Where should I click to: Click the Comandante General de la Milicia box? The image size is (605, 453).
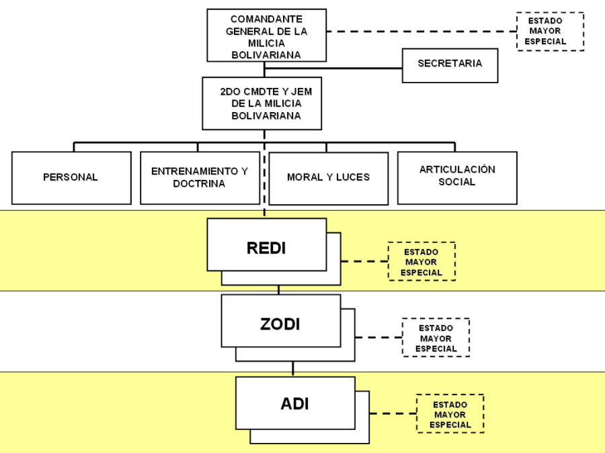point(266,37)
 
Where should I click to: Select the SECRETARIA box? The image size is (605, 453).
point(450,64)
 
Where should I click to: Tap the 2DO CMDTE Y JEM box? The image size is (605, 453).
point(261,103)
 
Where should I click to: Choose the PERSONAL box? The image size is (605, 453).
point(71,178)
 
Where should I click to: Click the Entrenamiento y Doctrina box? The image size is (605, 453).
point(200,178)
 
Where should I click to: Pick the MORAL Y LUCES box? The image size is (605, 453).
point(328,178)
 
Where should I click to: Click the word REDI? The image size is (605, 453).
point(266,248)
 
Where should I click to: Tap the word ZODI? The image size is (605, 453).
point(280,324)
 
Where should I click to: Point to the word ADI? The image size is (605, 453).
point(294,404)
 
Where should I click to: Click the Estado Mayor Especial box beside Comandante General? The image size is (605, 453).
point(550,31)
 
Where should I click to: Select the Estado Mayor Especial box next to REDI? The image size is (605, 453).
point(421,262)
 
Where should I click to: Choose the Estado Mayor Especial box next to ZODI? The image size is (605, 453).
point(436,338)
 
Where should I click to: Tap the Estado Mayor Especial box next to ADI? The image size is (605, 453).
point(450,414)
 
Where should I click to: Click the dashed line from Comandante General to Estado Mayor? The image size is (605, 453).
point(420,31)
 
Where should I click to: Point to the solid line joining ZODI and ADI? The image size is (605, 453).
point(293,368)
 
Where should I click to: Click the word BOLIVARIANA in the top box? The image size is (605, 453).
point(266,56)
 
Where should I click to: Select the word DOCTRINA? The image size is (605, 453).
point(199,184)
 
